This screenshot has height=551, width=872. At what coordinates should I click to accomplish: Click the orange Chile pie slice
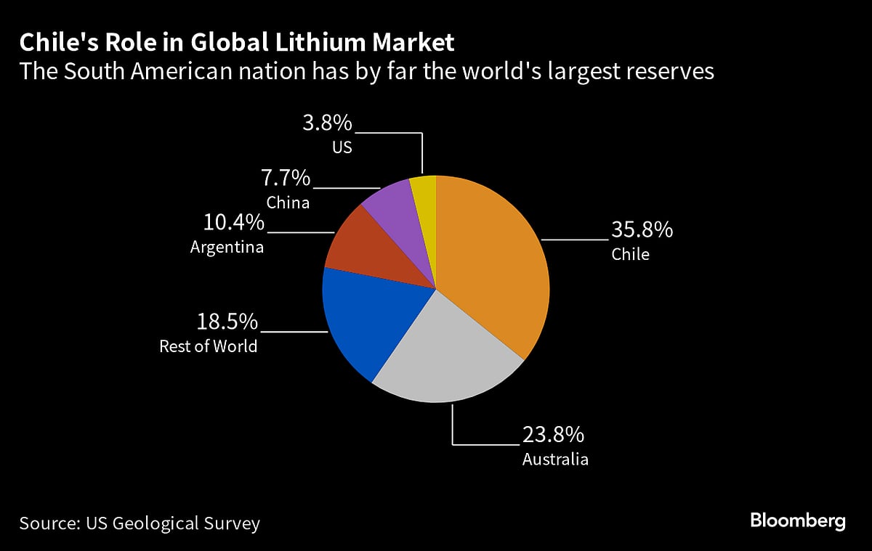pyautogui.click(x=494, y=261)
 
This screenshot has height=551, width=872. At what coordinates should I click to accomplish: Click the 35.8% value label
pyautogui.click(x=642, y=230)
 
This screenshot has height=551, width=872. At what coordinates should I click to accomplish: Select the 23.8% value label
pyautogui.click(x=553, y=435)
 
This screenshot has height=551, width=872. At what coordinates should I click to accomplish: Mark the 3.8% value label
pyautogui.click(x=327, y=123)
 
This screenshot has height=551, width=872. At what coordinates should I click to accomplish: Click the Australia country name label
pyautogui.click(x=555, y=460)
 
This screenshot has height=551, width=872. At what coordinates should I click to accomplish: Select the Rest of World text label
pyautogui.click(x=209, y=346)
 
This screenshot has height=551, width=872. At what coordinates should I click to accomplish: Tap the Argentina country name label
pyautogui.click(x=227, y=247)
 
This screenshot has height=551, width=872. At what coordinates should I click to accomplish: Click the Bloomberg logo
pyautogui.click(x=797, y=521)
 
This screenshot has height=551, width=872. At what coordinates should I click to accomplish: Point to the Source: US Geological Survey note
pyautogui.click(x=140, y=523)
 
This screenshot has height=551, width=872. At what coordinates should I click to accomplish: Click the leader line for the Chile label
pyautogui.click(x=574, y=238)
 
